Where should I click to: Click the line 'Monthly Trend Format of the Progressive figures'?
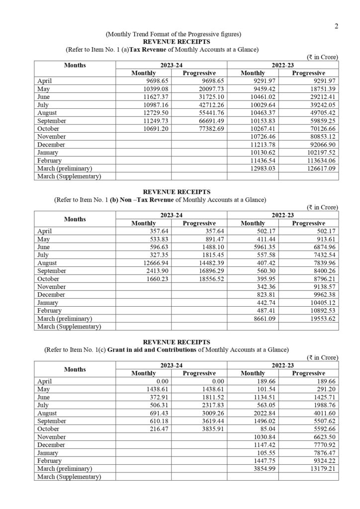[174, 34]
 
